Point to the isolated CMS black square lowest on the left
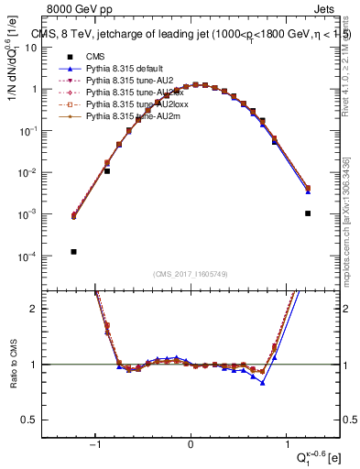click(x=73, y=252)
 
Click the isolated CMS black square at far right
click(x=308, y=213)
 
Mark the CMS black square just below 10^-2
click(x=107, y=170)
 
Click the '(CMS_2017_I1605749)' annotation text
click(x=191, y=274)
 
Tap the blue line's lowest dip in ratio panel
click(x=262, y=383)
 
